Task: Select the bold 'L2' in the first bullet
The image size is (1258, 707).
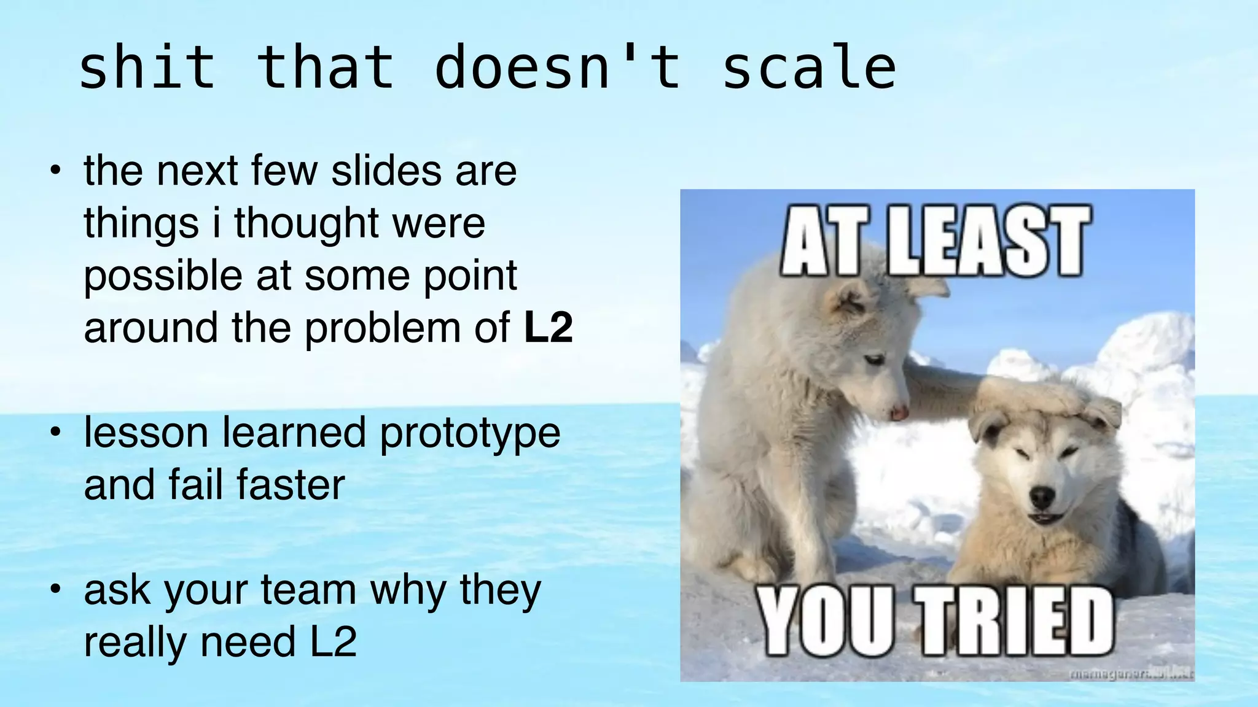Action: [x=548, y=328]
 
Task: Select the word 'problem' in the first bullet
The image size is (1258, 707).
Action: [x=382, y=328]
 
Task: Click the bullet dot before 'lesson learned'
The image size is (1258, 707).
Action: [x=56, y=431]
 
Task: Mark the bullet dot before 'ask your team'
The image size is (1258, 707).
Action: [x=56, y=589]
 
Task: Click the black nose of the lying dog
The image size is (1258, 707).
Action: [x=1042, y=495]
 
